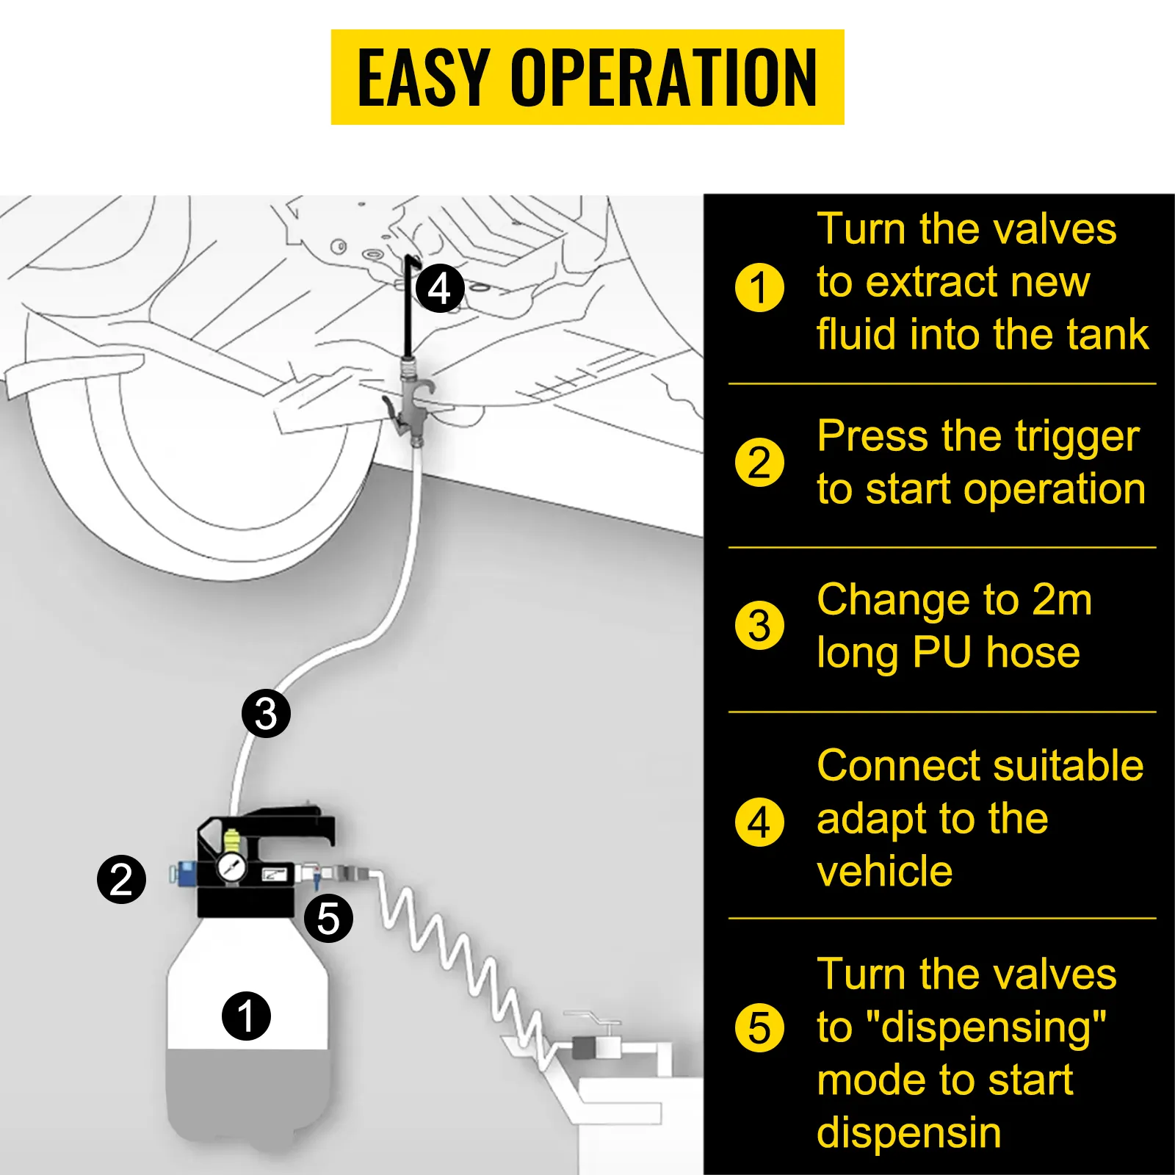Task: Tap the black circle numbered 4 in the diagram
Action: click(x=439, y=289)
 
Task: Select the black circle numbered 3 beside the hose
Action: click(x=266, y=713)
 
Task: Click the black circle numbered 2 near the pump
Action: click(x=122, y=879)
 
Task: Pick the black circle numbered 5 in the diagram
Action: click(x=328, y=918)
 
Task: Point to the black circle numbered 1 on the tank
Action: click(x=246, y=1016)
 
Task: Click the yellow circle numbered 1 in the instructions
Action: click(x=759, y=287)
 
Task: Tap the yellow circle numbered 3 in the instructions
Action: click(x=759, y=626)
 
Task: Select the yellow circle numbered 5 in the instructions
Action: click(x=759, y=1028)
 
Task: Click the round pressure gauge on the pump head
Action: click(x=232, y=868)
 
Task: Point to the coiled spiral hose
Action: click(x=455, y=955)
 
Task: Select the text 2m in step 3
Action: click(x=1062, y=600)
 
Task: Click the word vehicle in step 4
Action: click(x=884, y=872)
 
